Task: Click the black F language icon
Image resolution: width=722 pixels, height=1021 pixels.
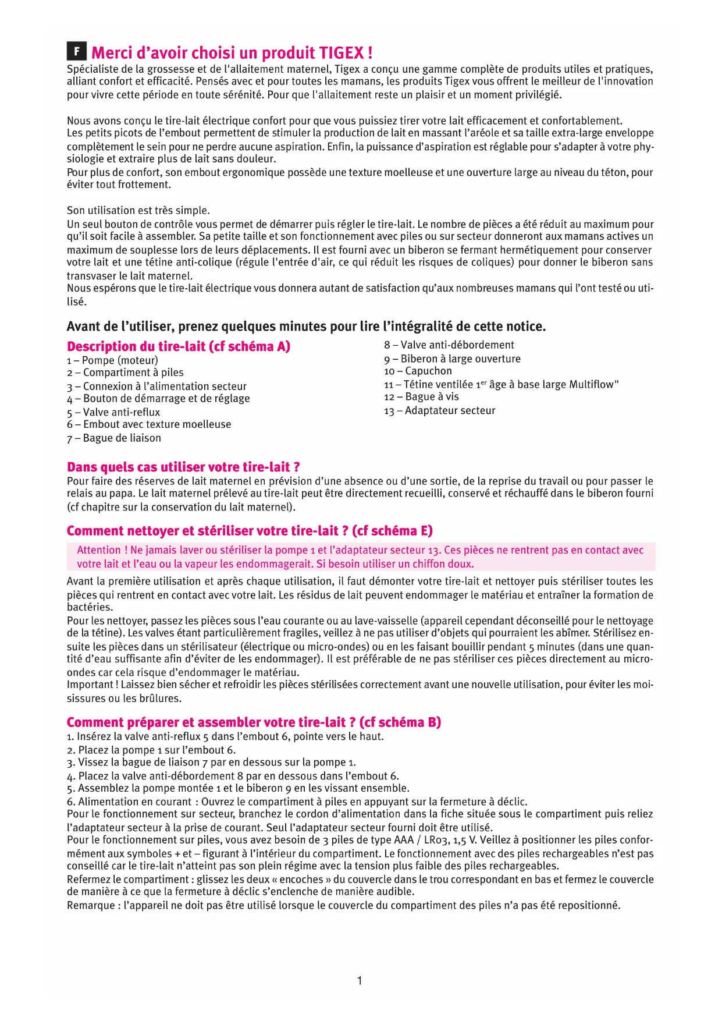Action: coord(76,52)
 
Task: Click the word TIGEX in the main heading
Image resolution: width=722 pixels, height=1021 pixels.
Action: coord(342,53)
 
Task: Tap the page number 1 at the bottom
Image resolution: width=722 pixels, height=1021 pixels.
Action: coord(360,981)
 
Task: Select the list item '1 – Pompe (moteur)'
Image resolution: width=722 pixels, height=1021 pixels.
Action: coord(112,360)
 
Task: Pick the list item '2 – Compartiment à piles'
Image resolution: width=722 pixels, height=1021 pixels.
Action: coord(125,373)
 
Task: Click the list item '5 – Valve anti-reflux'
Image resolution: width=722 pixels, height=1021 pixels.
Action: coord(113,412)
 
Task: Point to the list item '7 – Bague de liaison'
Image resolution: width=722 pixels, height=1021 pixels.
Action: coord(114,438)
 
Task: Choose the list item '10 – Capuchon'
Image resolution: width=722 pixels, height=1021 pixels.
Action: coord(418,371)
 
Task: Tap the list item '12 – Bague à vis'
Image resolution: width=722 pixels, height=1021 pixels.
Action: coord(421,397)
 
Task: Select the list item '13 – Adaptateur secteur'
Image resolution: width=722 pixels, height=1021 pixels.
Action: coord(439,410)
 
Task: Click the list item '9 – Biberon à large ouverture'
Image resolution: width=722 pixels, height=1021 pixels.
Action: coord(452,359)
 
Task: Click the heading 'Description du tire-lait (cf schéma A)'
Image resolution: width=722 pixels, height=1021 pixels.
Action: coord(179,346)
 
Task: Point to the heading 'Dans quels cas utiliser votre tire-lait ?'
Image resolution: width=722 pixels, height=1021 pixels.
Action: coord(183,467)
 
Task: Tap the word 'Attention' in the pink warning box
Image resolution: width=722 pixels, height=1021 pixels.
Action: coord(99,550)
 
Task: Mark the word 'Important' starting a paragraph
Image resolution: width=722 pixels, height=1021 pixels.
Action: coord(90,685)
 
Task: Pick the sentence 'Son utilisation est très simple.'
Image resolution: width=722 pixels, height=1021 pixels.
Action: coord(138,210)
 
